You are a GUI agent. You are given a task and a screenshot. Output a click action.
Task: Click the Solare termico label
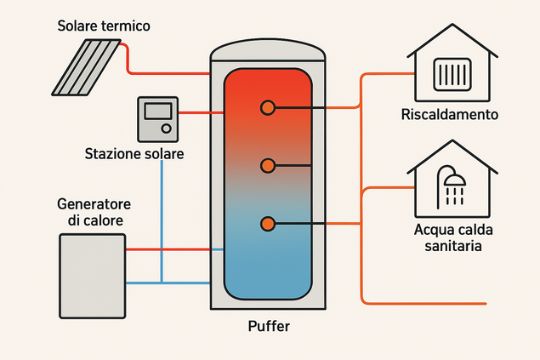(104, 26)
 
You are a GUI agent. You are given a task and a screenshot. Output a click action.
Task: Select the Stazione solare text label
(134, 154)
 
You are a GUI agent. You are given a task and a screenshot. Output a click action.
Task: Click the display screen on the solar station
(158, 111)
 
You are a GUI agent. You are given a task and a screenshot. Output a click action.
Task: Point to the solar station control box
(159, 120)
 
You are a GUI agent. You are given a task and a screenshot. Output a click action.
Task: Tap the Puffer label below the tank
(268, 325)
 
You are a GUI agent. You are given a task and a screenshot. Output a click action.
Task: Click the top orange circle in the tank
(268, 108)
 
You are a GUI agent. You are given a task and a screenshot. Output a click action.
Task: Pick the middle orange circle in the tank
(268, 165)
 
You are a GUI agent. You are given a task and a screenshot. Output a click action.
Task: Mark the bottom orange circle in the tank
(268, 224)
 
